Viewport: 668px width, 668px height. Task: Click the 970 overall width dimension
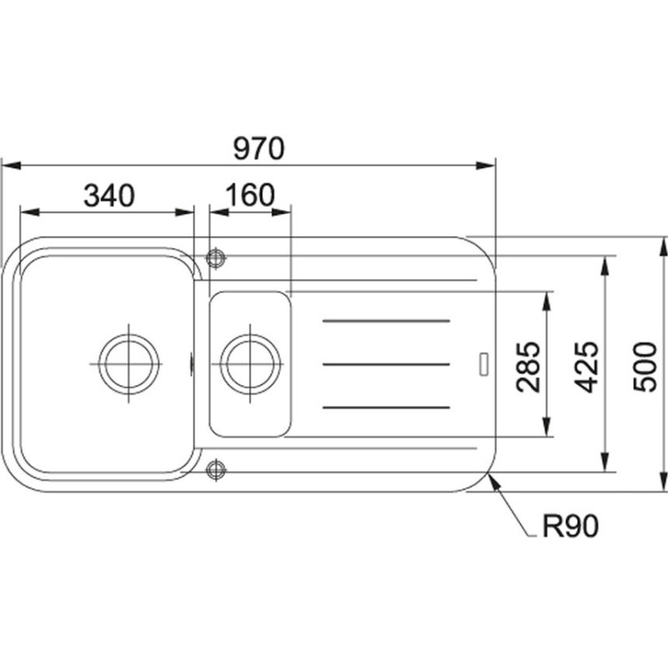click(259, 149)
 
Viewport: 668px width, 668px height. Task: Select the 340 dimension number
click(109, 195)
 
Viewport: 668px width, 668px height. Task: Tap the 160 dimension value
click(250, 195)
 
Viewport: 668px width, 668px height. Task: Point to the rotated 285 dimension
click(528, 366)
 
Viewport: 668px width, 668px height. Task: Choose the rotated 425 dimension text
click(587, 367)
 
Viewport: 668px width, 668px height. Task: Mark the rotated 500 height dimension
click(645, 367)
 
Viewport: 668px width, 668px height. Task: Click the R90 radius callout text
click(570, 526)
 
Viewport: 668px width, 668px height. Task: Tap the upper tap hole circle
click(215, 258)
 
